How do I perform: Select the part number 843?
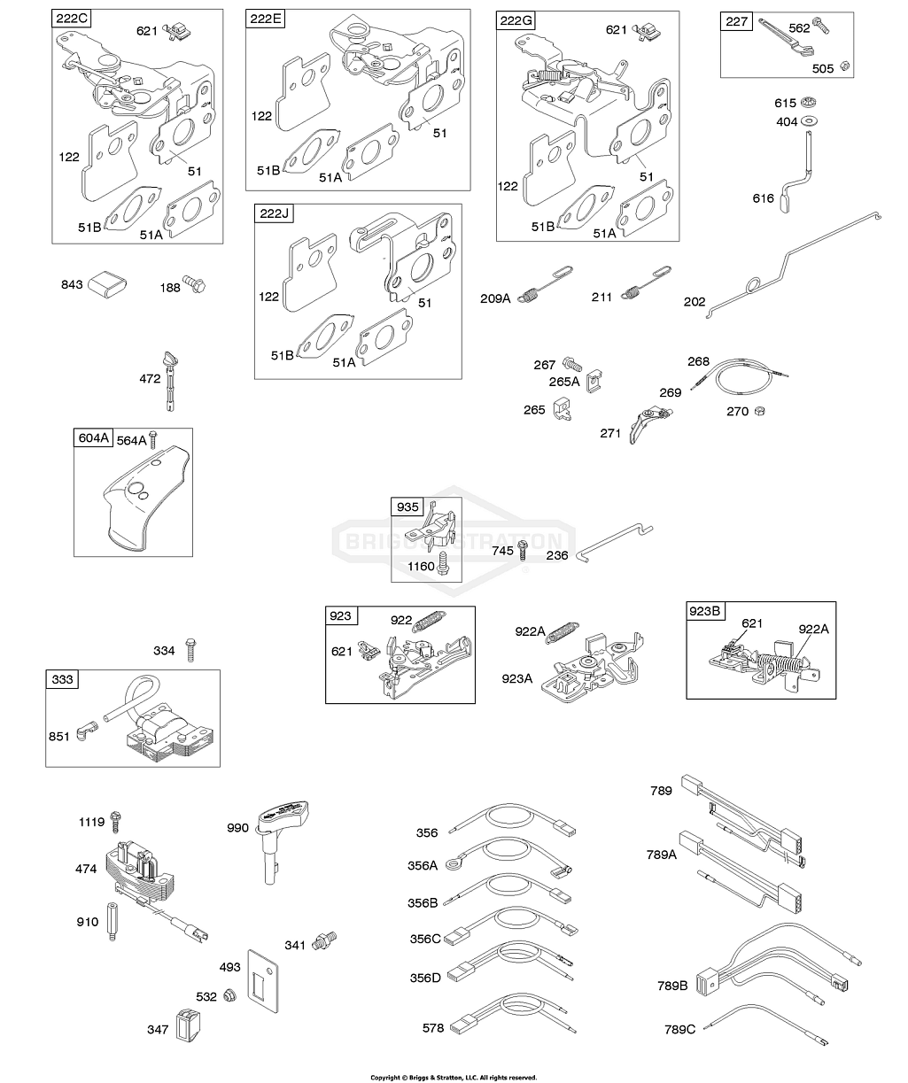click(72, 284)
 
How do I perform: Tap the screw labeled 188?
click(195, 285)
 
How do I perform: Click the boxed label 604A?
click(92, 437)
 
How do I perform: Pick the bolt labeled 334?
click(190, 650)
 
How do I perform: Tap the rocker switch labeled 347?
click(188, 1027)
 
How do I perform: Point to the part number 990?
click(237, 827)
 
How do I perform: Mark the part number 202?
click(694, 302)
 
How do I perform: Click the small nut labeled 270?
click(761, 410)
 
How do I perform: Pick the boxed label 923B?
click(706, 612)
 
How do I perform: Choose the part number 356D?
click(423, 978)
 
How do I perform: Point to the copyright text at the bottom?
click(454, 1077)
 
